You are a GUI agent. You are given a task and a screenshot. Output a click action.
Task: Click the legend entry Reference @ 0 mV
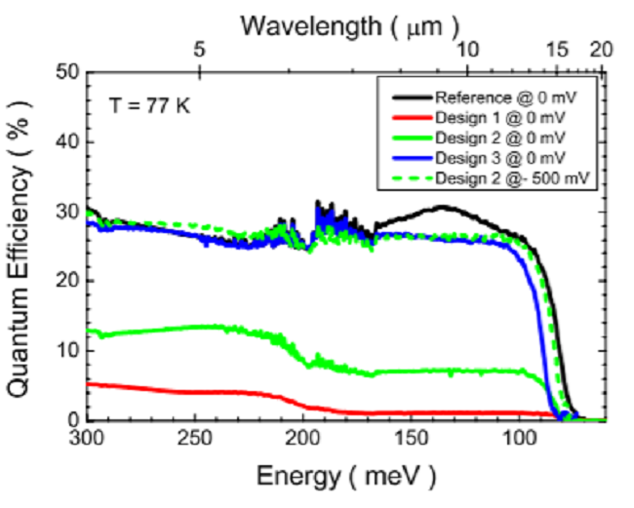pos(487,97)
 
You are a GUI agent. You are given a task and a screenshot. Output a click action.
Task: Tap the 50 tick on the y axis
pos(66,72)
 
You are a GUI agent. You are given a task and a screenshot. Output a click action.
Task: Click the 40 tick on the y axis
pos(66,142)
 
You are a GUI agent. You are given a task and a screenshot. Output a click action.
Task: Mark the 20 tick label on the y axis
pos(66,281)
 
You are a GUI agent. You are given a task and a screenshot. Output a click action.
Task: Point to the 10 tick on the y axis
pos(66,350)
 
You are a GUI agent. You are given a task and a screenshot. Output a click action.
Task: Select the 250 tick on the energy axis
pos(198,440)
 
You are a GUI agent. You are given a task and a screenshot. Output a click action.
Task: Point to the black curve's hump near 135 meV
pos(443,208)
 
